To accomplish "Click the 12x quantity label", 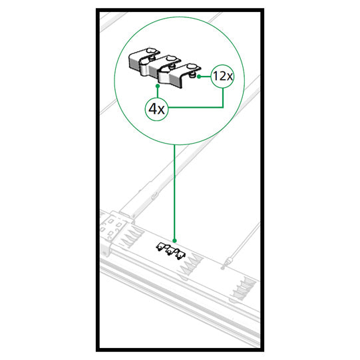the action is [223, 76].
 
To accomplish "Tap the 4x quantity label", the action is [156, 109].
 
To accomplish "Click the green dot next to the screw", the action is [199, 77].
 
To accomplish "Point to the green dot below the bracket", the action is [158, 86].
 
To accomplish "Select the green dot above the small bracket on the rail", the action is [174, 241].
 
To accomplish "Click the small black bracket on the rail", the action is [171, 250].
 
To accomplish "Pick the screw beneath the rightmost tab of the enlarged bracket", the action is [192, 75].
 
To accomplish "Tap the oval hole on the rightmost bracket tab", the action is [191, 67].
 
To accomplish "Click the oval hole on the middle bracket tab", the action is [170, 59].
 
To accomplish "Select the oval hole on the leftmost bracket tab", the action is [151, 51].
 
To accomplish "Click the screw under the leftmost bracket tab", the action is [152, 59].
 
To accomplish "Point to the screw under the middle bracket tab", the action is [172, 67].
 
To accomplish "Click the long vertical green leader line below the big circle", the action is [174, 192].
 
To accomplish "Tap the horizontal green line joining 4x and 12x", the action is [196, 107].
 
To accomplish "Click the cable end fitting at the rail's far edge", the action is [228, 262].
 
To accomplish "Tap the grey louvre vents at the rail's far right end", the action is [244, 288].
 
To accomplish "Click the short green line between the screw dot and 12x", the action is [206, 77].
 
